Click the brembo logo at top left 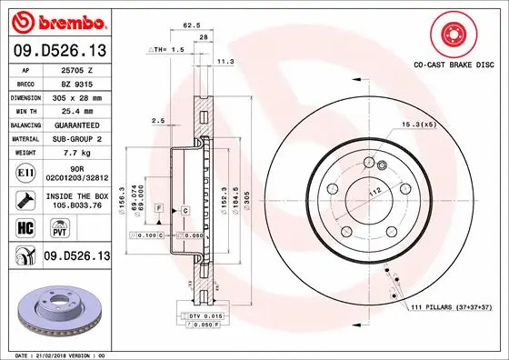tap(56, 20)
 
